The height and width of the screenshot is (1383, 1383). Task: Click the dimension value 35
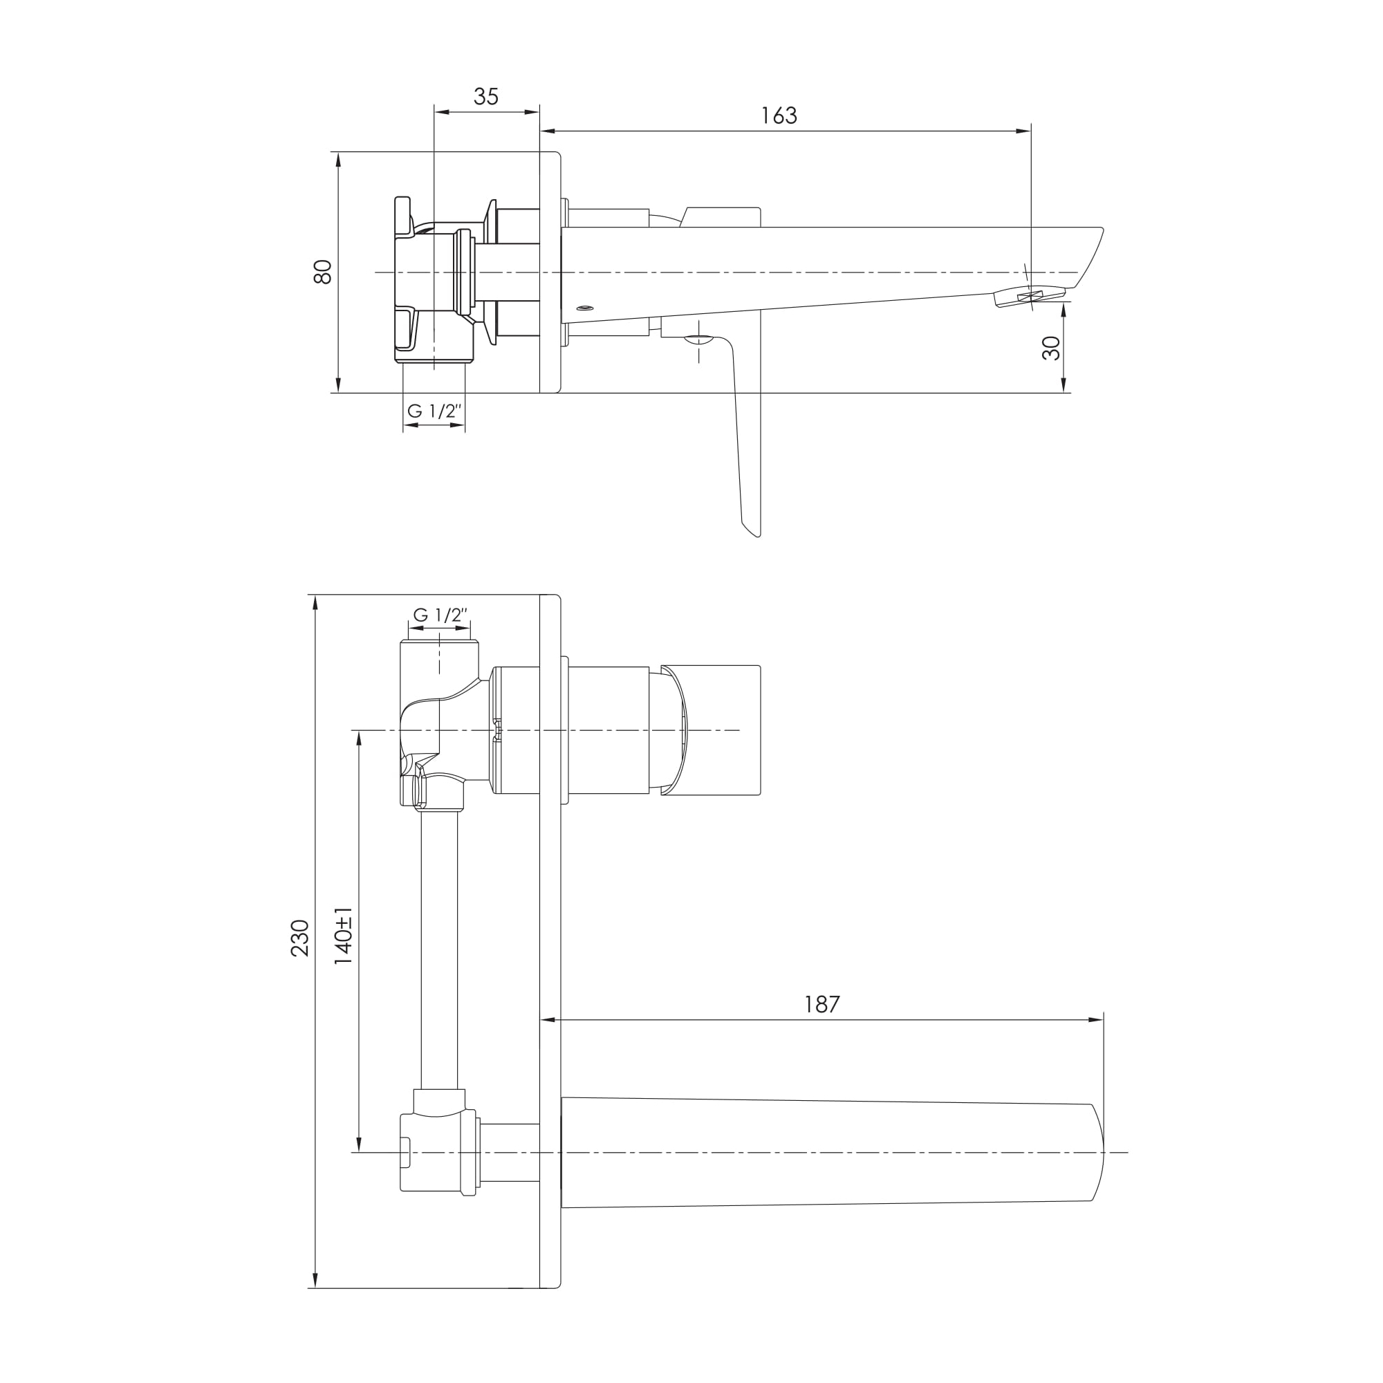[486, 97]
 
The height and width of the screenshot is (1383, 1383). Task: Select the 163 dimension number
[779, 115]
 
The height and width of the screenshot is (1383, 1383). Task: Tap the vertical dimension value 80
[323, 272]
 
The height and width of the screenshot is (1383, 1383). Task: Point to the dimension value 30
[1051, 348]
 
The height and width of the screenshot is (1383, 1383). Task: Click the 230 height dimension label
[300, 938]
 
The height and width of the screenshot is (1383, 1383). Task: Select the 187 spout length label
[821, 1004]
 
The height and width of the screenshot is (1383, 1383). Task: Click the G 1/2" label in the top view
[434, 411]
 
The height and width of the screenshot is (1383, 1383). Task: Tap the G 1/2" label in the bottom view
[440, 615]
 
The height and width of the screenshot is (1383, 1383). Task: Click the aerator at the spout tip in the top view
[1029, 297]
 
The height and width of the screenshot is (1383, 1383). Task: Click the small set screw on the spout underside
[585, 308]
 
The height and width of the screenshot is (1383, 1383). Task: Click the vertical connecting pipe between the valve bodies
[439, 952]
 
